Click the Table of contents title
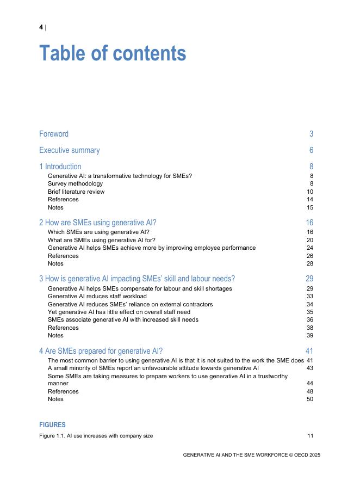(x=113, y=54)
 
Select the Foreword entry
(x=54, y=134)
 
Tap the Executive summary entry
(x=69, y=150)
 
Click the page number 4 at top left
(x=41, y=27)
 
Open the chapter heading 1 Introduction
(x=60, y=167)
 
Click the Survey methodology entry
(x=75, y=184)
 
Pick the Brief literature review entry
(x=76, y=192)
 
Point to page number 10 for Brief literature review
(x=310, y=192)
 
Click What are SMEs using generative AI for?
(x=102, y=240)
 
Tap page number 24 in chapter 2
(x=310, y=248)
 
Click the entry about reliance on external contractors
(x=130, y=304)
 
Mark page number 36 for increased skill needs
(x=310, y=319)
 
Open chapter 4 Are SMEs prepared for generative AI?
(x=101, y=350)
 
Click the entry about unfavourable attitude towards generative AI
(x=153, y=368)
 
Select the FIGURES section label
(x=53, y=424)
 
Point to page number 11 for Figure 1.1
(x=310, y=436)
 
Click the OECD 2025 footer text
(x=251, y=455)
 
